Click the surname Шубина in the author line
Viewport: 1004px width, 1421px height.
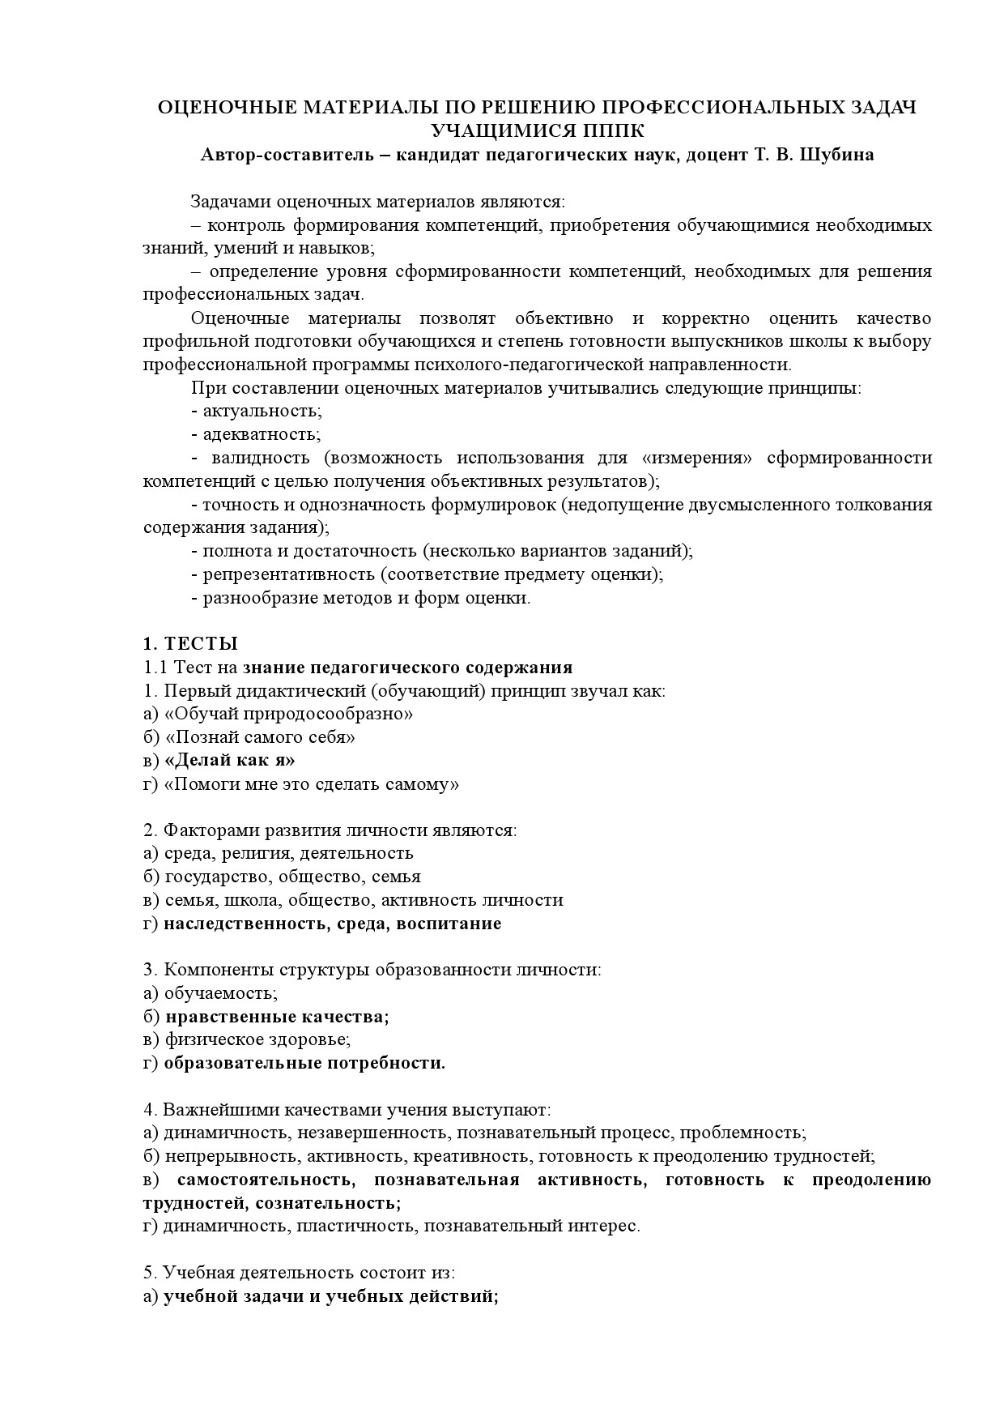coord(836,155)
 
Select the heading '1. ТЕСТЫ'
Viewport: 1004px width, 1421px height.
coord(190,644)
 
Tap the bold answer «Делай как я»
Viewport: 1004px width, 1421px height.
coord(229,760)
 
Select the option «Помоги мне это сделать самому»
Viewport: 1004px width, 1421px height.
coord(312,783)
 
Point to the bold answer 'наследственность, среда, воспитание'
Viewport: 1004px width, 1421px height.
coord(332,924)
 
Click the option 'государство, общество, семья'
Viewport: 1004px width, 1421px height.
coord(292,877)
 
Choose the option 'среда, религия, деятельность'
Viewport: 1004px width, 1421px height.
coord(288,853)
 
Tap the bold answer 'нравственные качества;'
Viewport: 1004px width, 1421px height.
coord(276,1017)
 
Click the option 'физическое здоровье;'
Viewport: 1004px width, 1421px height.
coord(257,1039)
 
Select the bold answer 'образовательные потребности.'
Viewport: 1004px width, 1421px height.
coord(304,1063)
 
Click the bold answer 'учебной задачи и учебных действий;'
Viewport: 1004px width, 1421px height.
coord(330,1296)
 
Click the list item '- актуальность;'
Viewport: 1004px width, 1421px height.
coord(257,412)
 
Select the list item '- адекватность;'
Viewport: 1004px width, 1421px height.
coord(256,434)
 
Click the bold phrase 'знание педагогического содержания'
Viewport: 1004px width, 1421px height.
coord(407,668)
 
